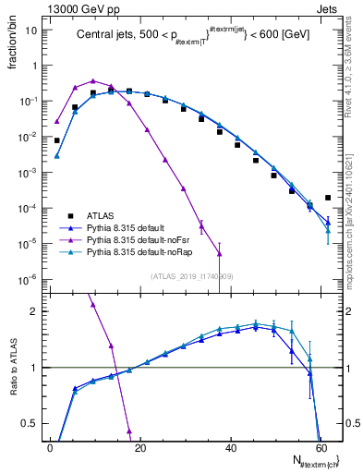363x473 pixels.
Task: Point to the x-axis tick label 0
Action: coord(50,447)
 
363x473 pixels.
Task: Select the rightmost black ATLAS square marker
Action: coord(328,198)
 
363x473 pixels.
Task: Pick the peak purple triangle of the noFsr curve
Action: coord(93,80)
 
